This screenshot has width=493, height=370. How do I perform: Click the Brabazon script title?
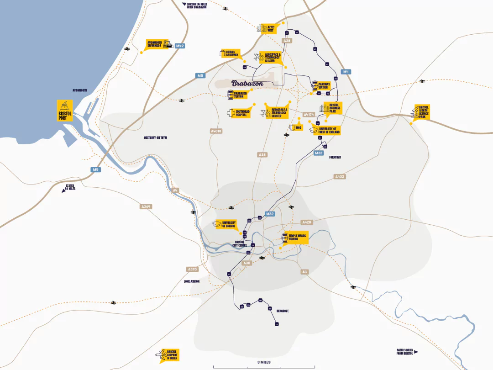click(247, 83)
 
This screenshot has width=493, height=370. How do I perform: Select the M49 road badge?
click(180, 46)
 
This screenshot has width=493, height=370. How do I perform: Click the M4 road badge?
click(346, 72)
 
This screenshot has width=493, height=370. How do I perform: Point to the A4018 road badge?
click(216, 131)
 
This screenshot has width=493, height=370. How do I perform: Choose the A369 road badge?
click(146, 206)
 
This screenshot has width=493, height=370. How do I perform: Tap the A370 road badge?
click(192, 269)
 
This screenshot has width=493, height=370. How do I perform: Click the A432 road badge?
click(339, 176)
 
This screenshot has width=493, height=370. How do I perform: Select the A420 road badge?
click(306, 222)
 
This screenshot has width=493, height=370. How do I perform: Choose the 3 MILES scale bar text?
click(264, 362)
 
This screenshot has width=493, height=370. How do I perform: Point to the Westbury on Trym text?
click(155, 137)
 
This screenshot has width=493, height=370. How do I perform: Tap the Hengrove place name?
click(283, 311)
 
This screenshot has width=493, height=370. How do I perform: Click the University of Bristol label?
click(228, 224)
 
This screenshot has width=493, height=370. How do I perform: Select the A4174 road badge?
click(309, 114)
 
